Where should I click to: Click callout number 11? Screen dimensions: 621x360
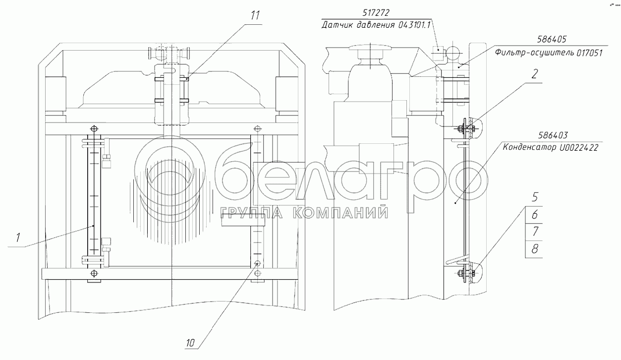pos(255,15)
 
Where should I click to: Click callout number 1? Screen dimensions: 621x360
pos(18,238)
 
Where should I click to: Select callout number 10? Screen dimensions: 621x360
pos(190,343)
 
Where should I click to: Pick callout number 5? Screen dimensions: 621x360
pos(534,197)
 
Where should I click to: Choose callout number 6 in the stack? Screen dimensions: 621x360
pos(534,214)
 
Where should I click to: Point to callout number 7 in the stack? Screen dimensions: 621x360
pos(535,231)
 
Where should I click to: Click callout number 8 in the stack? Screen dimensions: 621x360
pos(534,249)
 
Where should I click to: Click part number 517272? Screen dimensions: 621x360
pos(376,12)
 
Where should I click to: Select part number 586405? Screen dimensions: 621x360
pos(552,39)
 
